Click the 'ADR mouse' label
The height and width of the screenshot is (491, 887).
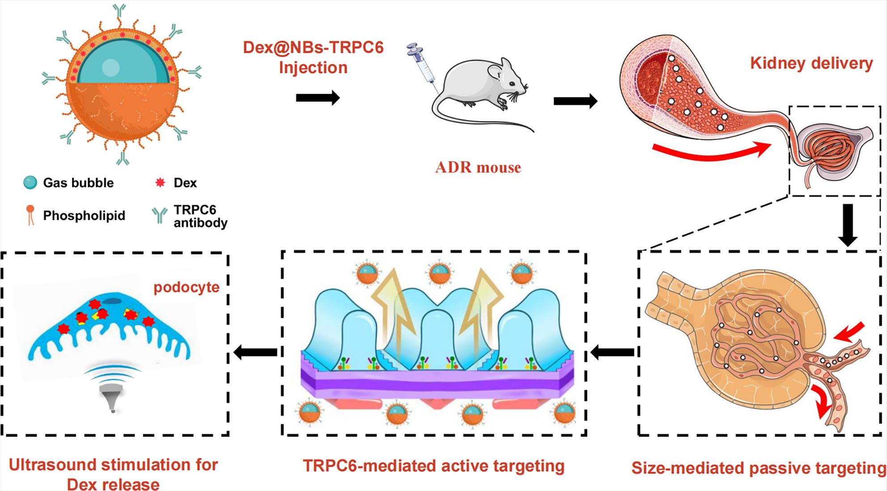pos(478,168)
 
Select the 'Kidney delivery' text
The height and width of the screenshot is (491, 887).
pos(811,63)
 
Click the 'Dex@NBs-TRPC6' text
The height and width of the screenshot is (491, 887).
pos(313,47)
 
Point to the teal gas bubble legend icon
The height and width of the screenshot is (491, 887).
pos(30,182)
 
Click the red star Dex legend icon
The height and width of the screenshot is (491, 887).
pos(160,182)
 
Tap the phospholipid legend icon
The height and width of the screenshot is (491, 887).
pos(30,215)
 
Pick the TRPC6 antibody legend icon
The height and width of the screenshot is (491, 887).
pos(159,215)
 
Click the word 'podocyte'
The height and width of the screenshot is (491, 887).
pos(187,287)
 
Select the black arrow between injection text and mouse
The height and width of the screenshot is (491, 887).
pos(318,97)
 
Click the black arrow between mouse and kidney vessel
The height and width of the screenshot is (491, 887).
pos(576,101)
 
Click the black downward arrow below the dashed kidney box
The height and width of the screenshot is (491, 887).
pos(847,225)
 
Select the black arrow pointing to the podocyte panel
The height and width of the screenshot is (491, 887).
pos(255,353)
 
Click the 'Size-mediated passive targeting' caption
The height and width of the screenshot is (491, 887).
pos(759,468)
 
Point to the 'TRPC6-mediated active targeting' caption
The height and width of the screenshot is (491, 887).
pos(433,466)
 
